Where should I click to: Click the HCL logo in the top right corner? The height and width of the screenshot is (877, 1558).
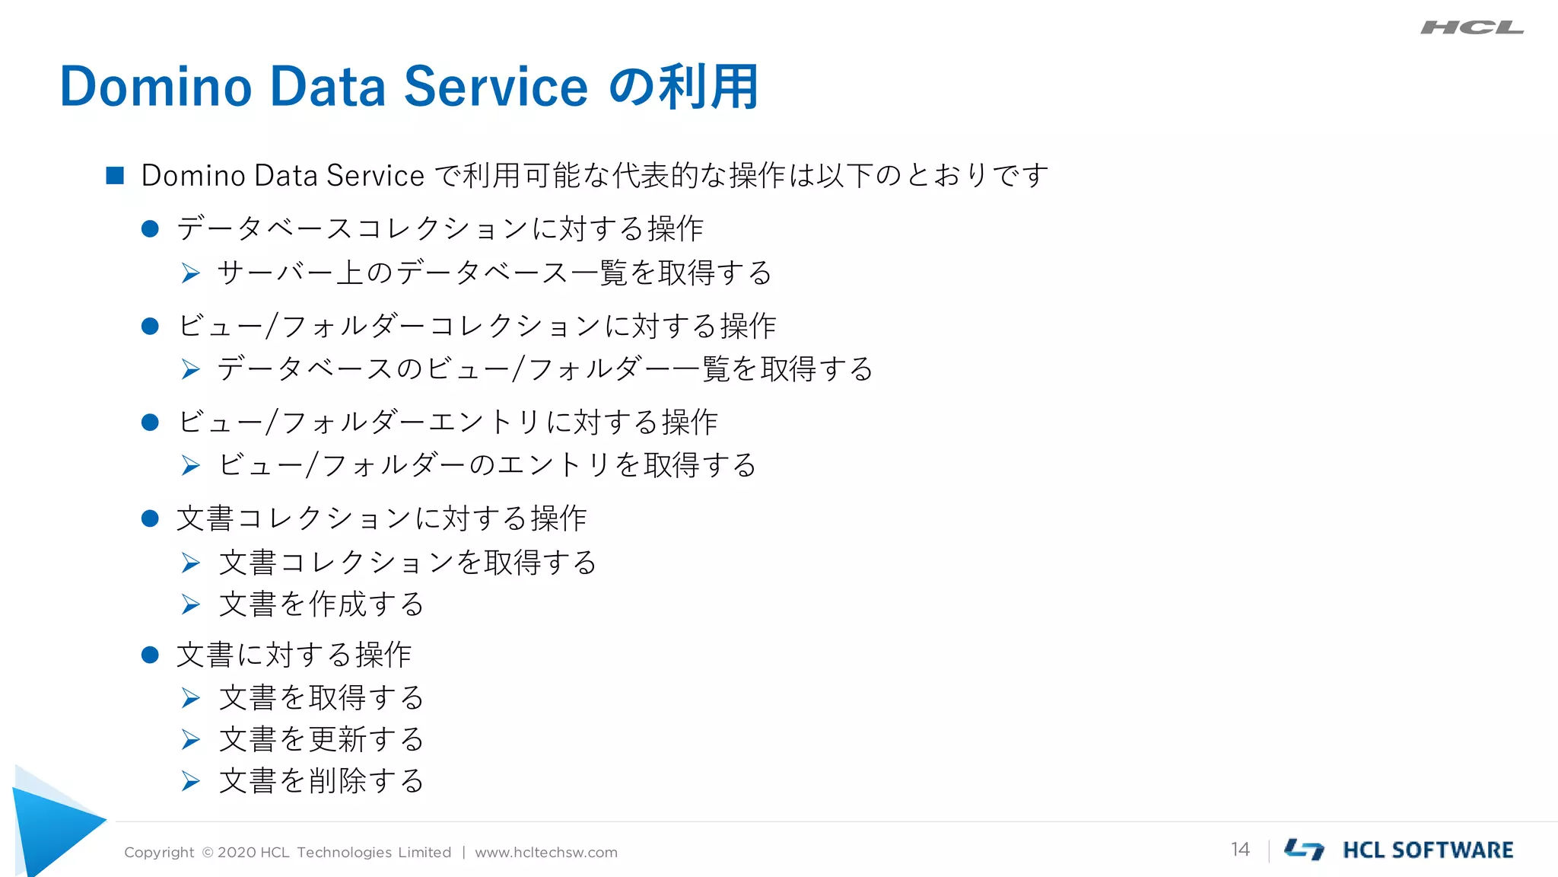pos(1471,28)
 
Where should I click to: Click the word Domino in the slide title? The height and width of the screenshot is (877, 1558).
pos(155,87)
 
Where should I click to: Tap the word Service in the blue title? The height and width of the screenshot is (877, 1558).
pos(495,87)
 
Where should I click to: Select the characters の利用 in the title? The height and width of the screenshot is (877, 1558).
pos(684,87)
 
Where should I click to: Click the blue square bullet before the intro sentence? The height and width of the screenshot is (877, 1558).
pos(115,176)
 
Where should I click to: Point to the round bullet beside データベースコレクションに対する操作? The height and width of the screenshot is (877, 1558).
pos(150,228)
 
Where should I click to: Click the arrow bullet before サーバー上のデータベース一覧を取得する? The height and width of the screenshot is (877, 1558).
pos(191,273)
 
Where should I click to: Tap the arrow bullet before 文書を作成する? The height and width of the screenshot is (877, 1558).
pos(191,605)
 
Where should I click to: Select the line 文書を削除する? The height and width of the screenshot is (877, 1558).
pos(321,781)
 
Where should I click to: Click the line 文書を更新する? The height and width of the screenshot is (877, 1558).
pos(321,739)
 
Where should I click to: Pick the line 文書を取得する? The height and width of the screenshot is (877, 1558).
pos(321,697)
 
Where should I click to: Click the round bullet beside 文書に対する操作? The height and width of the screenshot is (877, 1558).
pos(150,655)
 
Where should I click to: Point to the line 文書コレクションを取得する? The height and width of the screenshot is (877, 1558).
pos(408,563)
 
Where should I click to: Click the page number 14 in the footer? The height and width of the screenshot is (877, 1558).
pos(1240,850)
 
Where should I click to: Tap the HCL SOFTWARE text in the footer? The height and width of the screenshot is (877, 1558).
pos(1427,850)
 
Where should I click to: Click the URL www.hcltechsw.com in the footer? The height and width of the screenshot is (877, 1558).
pos(545,853)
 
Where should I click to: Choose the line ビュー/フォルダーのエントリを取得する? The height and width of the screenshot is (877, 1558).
pos(487,465)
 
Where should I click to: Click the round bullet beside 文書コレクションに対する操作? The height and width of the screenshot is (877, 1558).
pos(150,519)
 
